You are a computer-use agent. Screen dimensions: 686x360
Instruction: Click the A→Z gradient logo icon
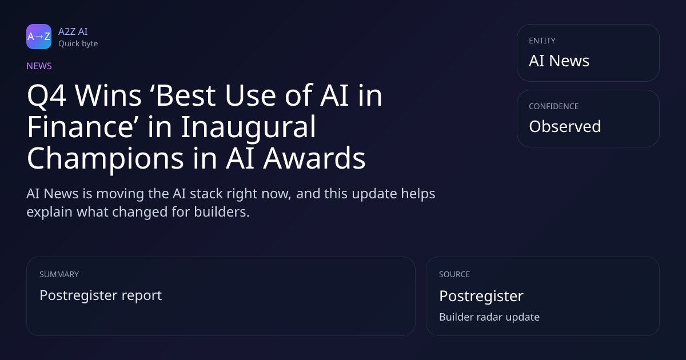tap(39, 37)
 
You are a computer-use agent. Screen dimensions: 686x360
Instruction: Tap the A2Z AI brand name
tap(73, 31)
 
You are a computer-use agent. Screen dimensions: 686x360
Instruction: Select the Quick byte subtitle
tap(78, 44)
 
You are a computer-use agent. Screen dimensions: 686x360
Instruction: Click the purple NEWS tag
tap(39, 66)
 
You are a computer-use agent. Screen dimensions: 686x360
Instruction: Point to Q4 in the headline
tap(46, 96)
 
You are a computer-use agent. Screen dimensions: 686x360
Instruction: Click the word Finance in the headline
tap(80, 127)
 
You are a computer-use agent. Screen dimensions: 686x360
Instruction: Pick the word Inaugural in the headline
tap(248, 128)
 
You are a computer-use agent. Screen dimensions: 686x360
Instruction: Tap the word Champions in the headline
tap(105, 159)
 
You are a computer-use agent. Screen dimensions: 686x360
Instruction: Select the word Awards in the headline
tap(314, 158)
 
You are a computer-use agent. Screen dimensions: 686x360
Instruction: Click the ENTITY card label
tap(542, 41)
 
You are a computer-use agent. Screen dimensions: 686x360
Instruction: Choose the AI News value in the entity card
tap(559, 61)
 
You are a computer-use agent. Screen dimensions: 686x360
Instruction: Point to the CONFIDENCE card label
tap(554, 106)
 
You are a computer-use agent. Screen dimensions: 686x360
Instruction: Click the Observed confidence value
tap(565, 126)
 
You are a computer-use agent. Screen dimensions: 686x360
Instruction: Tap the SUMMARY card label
tap(59, 274)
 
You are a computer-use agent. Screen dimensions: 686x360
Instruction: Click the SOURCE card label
tap(454, 274)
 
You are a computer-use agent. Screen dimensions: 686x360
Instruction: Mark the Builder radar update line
tap(489, 317)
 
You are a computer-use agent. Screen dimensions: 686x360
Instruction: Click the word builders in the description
tap(221, 212)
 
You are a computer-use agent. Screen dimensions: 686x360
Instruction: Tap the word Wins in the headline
tap(108, 96)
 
